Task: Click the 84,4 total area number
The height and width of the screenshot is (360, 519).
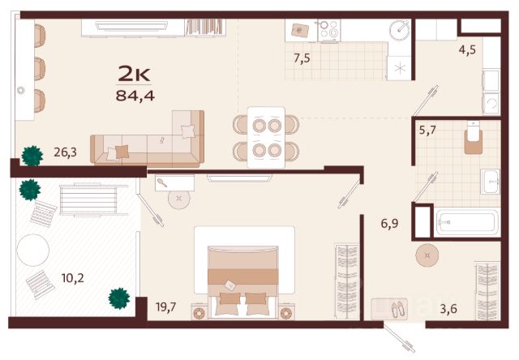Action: point(135,96)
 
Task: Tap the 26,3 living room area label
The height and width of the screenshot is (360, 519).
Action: point(65,152)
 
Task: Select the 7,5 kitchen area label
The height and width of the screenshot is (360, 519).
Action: point(302,58)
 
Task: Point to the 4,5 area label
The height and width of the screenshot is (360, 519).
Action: point(467,50)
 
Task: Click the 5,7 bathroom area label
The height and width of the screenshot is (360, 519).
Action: point(427,130)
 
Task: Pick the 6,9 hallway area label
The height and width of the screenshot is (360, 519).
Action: point(389,224)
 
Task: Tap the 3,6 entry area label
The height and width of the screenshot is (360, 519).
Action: point(448,309)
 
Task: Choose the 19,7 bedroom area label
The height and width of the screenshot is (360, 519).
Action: point(166,307)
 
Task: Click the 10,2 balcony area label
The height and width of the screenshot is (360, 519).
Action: point(72,278)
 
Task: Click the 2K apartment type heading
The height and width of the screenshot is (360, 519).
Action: point(135,75)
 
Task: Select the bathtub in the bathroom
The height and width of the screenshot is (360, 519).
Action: point(467,222)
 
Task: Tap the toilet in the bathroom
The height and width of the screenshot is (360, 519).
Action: point(473,138)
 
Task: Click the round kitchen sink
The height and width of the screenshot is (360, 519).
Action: point(400,30)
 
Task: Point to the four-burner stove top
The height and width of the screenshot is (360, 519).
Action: point(328,31)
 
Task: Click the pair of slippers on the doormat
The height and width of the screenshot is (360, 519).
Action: point(397,309)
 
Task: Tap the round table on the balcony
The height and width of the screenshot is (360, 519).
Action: point(33,250)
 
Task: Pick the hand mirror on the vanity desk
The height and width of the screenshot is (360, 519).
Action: point(162,182)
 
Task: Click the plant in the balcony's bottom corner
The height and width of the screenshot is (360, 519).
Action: point(119,298)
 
